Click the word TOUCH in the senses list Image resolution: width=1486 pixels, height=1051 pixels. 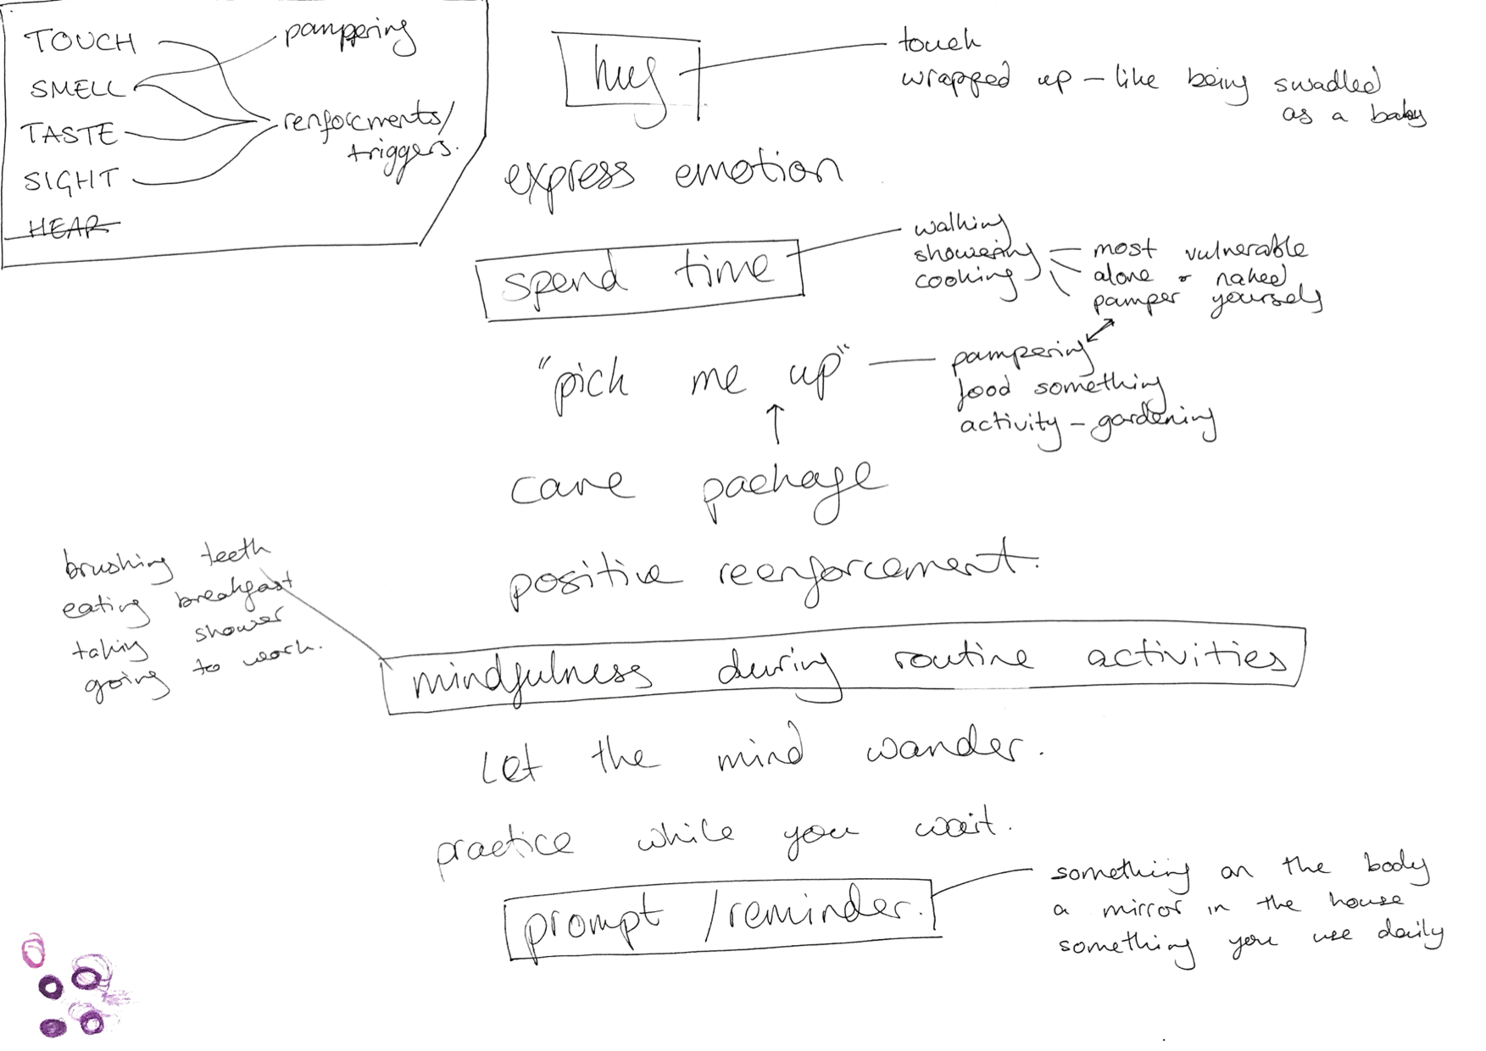coord(80,41)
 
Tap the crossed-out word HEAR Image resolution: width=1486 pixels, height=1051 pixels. coord(68,226)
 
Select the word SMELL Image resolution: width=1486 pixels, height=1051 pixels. coord(77,88)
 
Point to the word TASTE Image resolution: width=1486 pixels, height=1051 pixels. coord(69,134)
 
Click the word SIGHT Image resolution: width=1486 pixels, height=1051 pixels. coord(71,180)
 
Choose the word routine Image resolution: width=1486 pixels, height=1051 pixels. coord(962,659)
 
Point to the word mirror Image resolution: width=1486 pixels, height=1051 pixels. coord(1141,909)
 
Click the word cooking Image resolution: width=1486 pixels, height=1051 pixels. coord(965,279)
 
